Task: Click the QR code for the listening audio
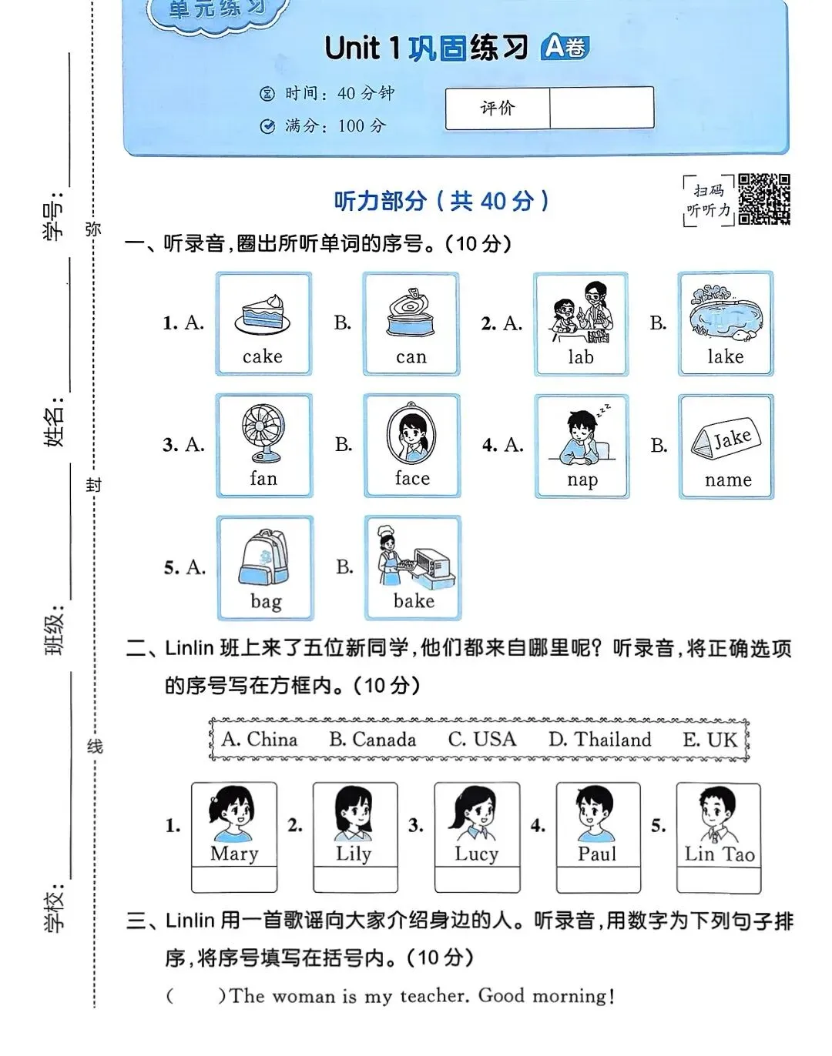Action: [x=763, y=199]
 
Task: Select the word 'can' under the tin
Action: [x=411, y=357]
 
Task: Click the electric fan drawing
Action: [x=263, y=432]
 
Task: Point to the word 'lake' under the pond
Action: [x=725, y=356]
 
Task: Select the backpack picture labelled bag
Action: [x=265, y=557]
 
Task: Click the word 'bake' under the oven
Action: [x=414, y=601]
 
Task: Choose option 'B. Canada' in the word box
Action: [x=372, y=740]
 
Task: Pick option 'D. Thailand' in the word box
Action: [x=599, y=740]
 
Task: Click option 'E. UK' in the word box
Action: [x=710, y=740]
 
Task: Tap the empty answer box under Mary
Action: [x=234, y=879]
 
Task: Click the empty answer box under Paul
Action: [x=598, y=879]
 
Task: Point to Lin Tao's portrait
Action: [x=719, y=815]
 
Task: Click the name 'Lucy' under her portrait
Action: [x=476, y=854]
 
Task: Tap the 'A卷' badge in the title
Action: [x=565, y=48]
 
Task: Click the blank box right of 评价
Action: [x=601, y=108]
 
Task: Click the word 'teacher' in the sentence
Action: [x=434, y=996]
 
